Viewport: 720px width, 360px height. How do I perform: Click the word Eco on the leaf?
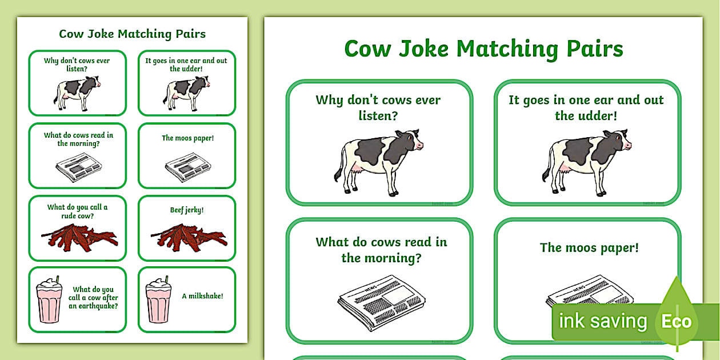(x=677, y=321)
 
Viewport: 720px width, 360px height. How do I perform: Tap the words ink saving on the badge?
(x=602, y=321)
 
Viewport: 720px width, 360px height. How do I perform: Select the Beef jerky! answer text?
(x=187, y=210)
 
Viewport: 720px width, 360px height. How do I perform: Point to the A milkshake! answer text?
(x=202, y=296)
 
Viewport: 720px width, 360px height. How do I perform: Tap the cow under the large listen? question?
(x=378, y=160)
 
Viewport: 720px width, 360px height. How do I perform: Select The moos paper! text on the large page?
(x=589, y=247)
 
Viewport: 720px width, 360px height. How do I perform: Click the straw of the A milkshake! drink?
(x=166, y=280)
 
